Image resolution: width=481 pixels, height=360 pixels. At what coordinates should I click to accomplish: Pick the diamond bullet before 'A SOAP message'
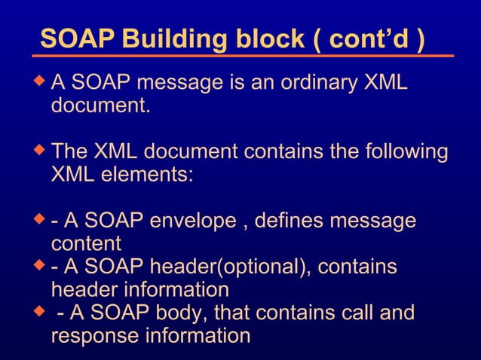(41, 79)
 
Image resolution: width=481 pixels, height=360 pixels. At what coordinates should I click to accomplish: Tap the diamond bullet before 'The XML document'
(41, 151)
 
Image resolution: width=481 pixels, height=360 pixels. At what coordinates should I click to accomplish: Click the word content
(86, 244)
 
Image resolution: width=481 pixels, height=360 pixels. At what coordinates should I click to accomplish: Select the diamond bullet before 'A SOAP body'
(41, 311)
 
